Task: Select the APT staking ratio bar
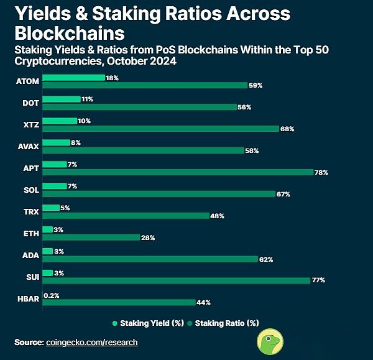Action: click(178, 172)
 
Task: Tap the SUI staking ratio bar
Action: click(176, 280)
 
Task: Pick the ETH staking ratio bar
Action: click(91, 237)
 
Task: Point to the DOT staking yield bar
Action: click(62, 99)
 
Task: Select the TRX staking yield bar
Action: click(51, 208)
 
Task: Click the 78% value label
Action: click(321, 172)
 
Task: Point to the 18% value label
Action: click(112, 78)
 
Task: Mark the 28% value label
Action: click(148, 237)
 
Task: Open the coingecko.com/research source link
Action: click(91, 342)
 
